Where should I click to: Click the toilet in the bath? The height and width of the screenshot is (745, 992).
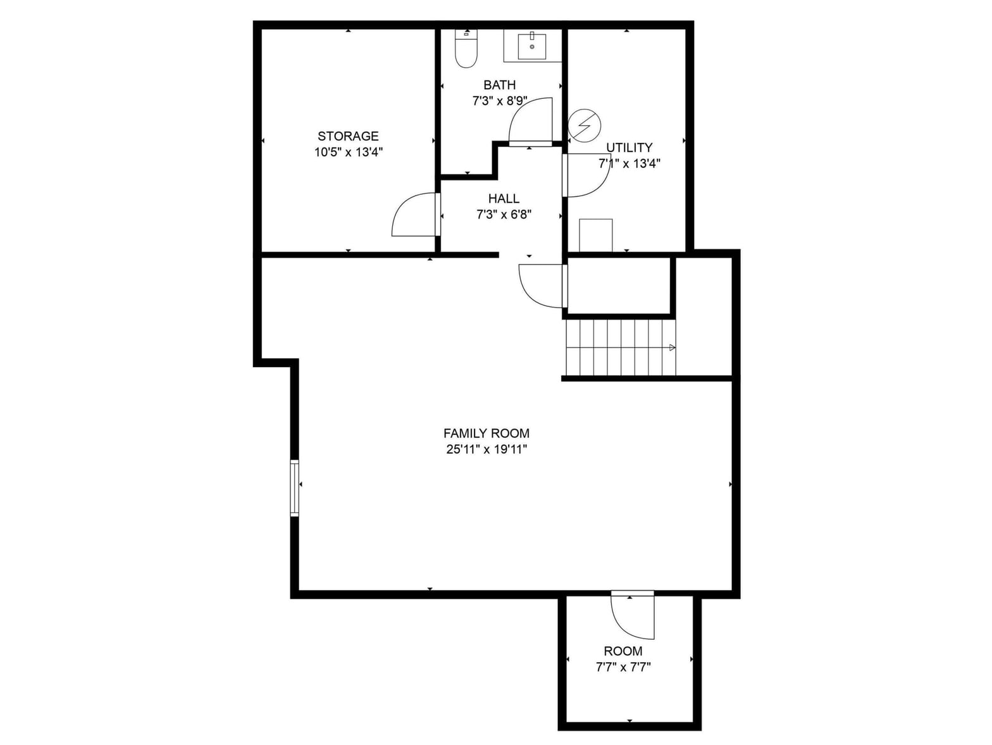pos(466,48)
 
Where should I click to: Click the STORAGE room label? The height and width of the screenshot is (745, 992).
pos(347,135)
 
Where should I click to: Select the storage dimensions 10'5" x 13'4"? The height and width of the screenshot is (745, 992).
pos(349,152)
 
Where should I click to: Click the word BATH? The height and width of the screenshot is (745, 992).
pos(499,85)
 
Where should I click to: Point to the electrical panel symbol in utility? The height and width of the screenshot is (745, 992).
pos(584,125)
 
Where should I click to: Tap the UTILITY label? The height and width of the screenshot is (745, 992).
pos(629,147)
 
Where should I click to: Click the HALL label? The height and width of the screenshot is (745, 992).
pos(503,198)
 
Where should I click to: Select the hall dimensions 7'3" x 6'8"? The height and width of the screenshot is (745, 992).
pos(504,215)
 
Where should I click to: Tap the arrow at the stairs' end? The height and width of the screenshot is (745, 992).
pos(672,347)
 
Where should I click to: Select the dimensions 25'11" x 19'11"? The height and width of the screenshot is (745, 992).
pos(487,449)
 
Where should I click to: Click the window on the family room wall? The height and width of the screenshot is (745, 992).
pos(294,488)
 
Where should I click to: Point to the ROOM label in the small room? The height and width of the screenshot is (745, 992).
pos(623,651)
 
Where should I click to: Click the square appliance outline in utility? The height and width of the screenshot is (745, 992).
pos(596,235)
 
